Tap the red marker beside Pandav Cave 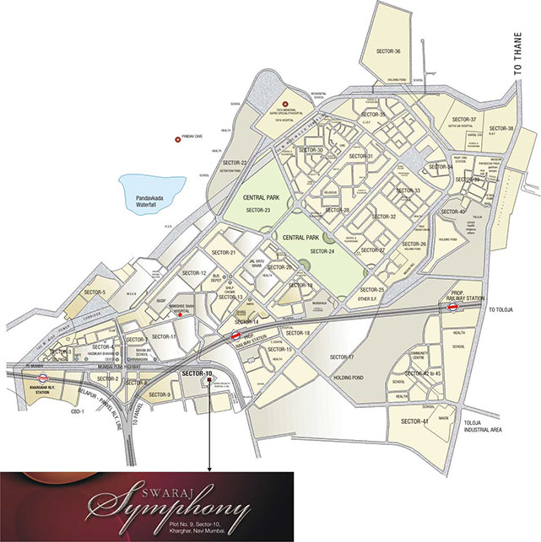pyautogui.click(x=177, y=139)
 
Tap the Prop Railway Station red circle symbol pyautogui.click(x=453, y=308)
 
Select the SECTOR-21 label pyautogui.click(x=223, y=253)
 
